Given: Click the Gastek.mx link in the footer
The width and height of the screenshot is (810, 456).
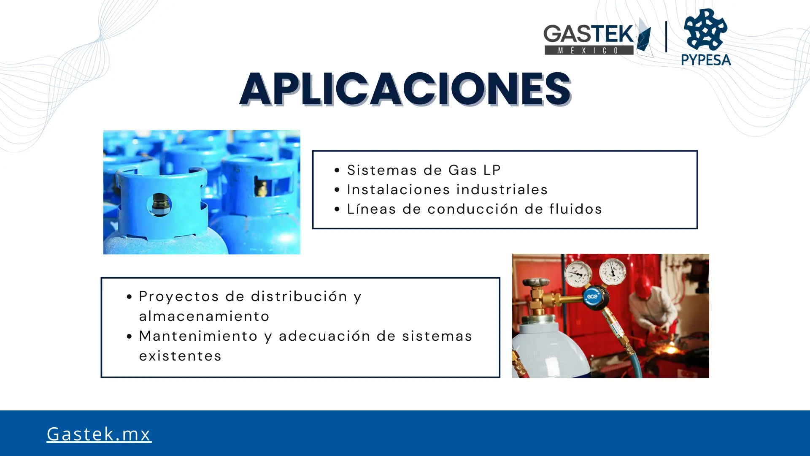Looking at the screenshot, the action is pos(99,434).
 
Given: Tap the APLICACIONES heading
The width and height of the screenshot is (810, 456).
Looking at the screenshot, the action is pos(405,89).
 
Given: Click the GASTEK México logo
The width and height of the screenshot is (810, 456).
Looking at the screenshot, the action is pos(598,38).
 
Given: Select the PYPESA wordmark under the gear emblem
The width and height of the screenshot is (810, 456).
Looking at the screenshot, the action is pos(706,60).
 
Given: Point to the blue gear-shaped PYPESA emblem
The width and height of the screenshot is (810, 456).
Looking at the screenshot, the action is pos(706,29).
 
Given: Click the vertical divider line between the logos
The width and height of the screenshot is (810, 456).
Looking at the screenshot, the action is pos(666,37).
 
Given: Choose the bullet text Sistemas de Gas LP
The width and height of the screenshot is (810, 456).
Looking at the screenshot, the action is pos(424,170).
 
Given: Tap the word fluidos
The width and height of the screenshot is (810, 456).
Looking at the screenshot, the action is pos(575,209).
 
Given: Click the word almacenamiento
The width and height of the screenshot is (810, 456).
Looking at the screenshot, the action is pos(204,316).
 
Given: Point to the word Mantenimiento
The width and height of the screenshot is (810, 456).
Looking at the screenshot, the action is pos(198,336).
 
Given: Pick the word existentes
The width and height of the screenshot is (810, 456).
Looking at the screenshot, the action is pos(180,356).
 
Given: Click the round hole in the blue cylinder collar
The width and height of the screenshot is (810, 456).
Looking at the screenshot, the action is pos(159,204).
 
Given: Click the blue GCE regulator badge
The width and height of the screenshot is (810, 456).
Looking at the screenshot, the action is pos(593,296).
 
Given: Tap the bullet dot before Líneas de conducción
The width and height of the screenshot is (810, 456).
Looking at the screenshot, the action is pos(337,209).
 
